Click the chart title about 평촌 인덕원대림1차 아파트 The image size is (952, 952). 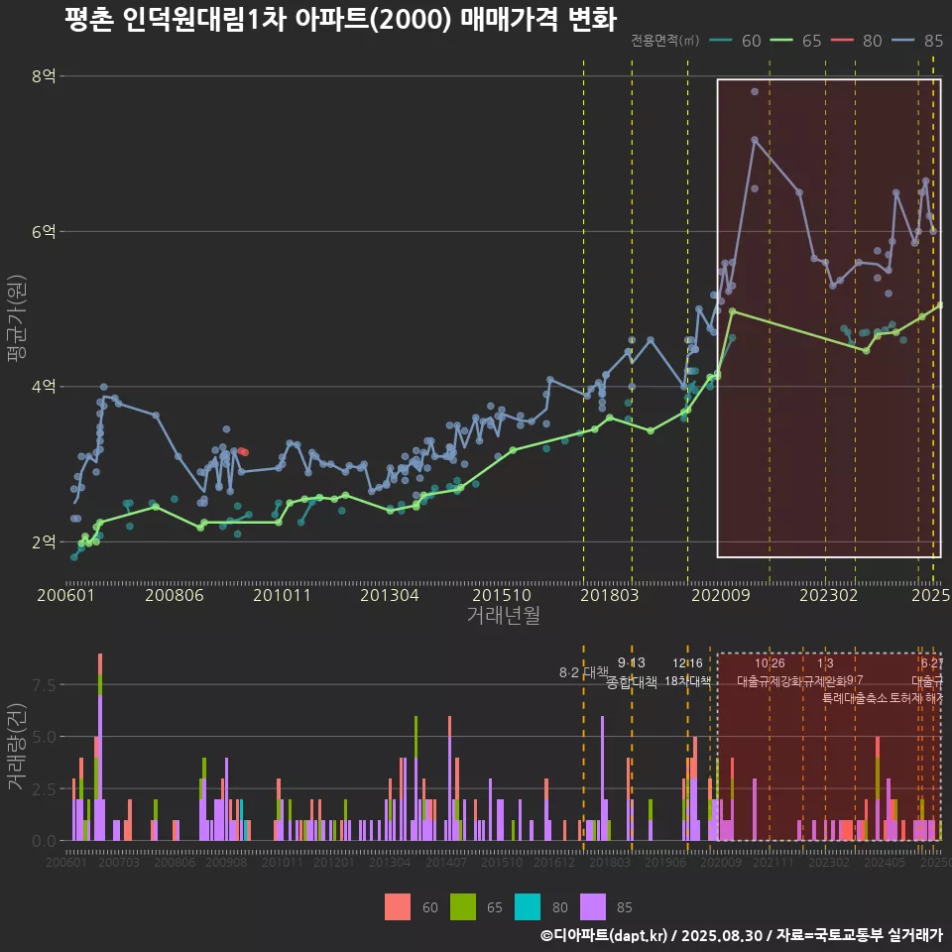(x=339, y=20)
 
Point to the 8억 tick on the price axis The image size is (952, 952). (x=44, y=76)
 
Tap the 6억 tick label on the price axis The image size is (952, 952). (x=44, y=231)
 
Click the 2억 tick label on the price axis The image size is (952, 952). (x=44, y=541)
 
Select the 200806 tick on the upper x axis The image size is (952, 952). (x=175, y=595)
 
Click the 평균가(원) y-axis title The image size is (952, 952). (x=16, y=321)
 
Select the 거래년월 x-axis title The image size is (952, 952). (x=503, y=616)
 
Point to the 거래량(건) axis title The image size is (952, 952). (x=16, y=747)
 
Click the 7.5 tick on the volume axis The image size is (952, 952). (x=44, y=684)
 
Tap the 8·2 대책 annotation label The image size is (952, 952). (x=583, y=672)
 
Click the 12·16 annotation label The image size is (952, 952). (x=687, y=663)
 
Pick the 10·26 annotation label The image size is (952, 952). (x=770, y=663)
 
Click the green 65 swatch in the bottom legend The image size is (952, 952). (x=463, y=905)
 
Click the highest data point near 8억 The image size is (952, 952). (x=755, y=91)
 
